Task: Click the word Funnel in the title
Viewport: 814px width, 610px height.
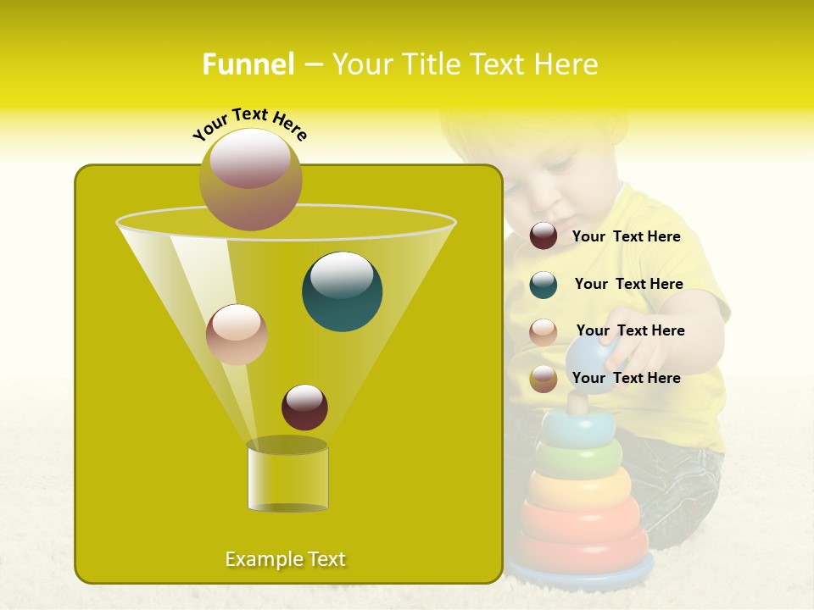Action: [x=248, y=64]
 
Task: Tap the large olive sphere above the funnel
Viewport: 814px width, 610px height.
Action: [x=250, y=180]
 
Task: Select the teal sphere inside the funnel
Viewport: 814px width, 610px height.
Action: [x=343, y=291]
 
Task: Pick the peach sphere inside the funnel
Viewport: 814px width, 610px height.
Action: [x=237, y=335]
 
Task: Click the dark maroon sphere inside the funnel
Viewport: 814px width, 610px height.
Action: [x=304, y=408]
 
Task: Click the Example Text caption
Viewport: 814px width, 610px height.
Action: [x=285, y=559]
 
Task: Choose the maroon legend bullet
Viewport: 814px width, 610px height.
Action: [x=544, y=236]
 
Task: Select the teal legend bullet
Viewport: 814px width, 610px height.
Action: [x=544, y=285]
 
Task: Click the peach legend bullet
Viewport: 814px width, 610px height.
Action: [x=544, y=331]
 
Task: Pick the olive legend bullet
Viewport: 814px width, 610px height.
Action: [x=544, y=379]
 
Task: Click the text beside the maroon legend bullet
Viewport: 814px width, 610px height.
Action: [x=626, y=236]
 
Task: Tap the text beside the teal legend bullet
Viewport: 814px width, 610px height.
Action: [x=628, y=284]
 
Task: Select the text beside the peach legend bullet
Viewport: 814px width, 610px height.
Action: [x=630, y=330]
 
